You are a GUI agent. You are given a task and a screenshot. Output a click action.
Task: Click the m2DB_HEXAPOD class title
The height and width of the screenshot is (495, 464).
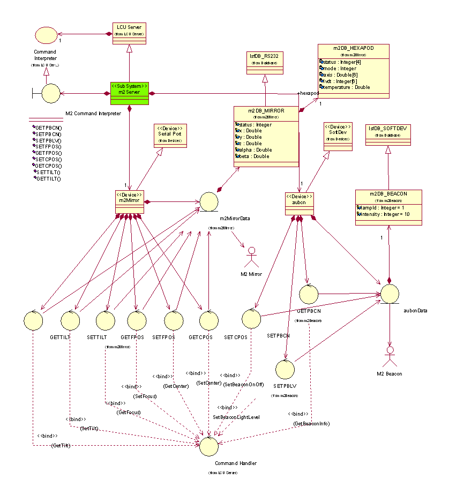[x=353, y=48]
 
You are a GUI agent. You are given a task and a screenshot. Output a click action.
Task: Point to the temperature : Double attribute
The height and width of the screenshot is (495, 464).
[x=347, y=87]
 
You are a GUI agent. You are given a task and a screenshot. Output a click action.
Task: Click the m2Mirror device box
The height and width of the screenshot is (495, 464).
[x=129, y=200]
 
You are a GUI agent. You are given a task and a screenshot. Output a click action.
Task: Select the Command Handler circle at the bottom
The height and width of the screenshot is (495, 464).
[x=209, y=444]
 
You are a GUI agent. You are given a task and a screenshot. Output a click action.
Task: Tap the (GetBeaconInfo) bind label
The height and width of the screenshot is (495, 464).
[x=311, y=423]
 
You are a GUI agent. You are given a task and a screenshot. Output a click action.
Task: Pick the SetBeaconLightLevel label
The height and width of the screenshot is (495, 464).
[x=236, y=417]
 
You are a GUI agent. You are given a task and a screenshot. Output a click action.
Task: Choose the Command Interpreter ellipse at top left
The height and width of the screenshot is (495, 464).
[x=46, y=35]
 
